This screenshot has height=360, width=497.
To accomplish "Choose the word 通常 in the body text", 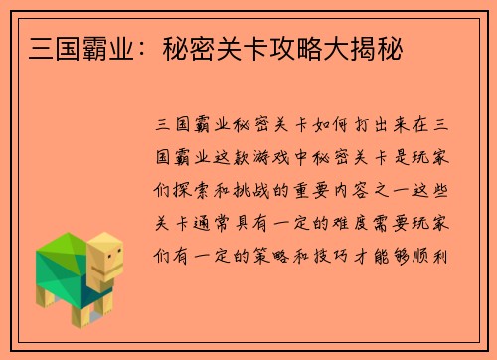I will (x=219, y=224).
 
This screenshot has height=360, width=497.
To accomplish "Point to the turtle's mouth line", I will (x=110, y=270).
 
